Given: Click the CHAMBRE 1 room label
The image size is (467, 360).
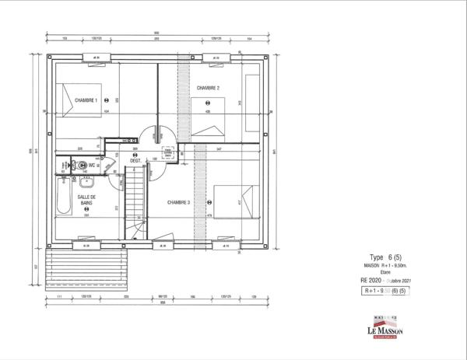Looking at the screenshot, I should [x=86, y=100].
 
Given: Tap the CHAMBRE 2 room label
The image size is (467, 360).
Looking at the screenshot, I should [x=208, y=88].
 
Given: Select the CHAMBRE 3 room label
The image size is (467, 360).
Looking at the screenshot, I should [x=179, y=202].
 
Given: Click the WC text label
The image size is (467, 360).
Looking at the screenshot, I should [x=91, y=165].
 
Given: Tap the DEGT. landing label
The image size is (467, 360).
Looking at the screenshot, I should [x=135, y=161].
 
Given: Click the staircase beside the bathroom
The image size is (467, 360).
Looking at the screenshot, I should [x=135, y=202].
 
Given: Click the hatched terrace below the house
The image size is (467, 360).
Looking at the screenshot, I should [x=86, y=265].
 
